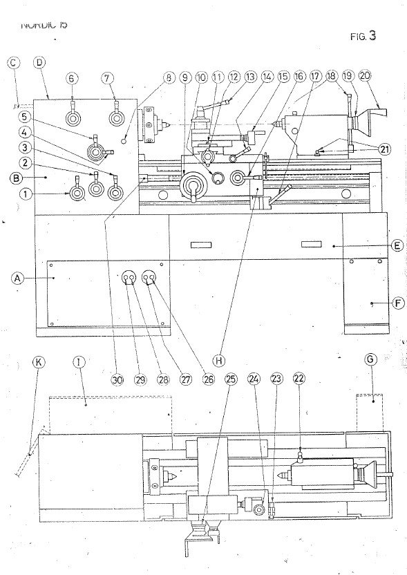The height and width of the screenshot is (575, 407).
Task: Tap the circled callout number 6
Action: point(73,78)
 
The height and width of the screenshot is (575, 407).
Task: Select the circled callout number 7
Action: point(108,78)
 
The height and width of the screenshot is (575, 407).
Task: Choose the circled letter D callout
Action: point(39,63)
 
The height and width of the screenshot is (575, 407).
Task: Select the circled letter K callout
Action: point(39,361)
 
